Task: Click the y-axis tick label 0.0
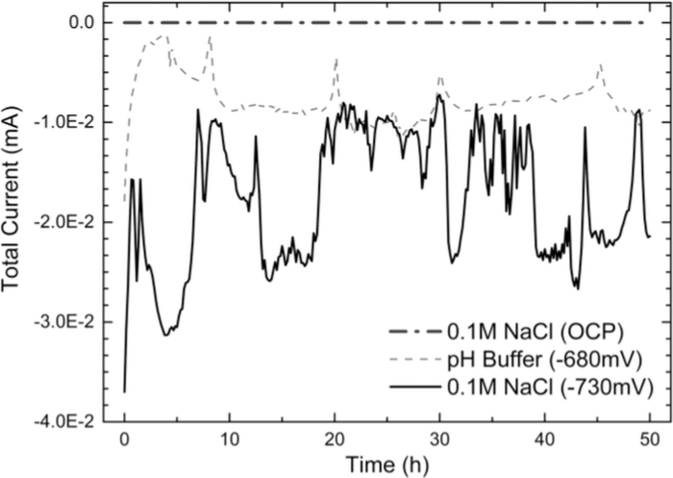tap(81, 23)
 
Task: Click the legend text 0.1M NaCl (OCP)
tap(535, 332)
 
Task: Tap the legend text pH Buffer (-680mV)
tap(544, 360)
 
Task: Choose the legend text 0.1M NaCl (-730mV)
tap(550, 387)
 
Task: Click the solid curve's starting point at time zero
tap(125, 392)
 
